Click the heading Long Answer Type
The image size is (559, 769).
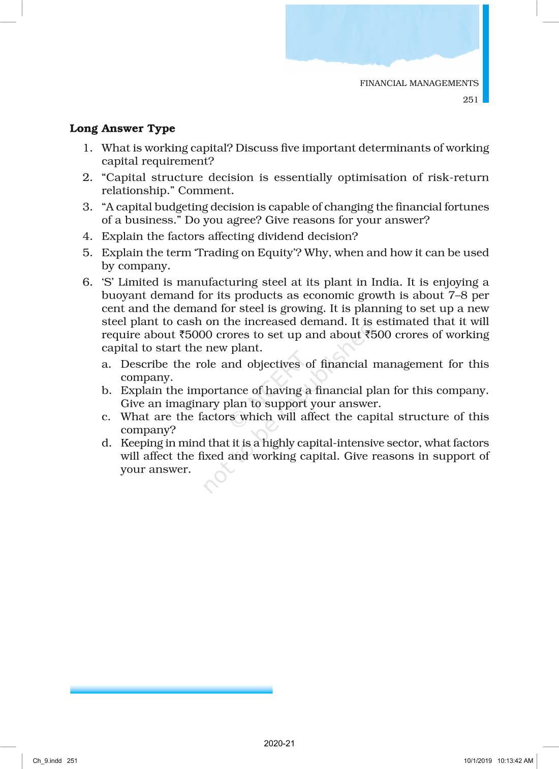122,129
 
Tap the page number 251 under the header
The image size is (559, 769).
470,100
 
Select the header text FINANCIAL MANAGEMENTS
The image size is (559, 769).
419,83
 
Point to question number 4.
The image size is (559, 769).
87,236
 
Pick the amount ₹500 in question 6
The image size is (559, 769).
378,335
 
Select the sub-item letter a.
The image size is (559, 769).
106,365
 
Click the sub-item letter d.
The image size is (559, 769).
106,443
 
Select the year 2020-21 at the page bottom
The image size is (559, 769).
279,744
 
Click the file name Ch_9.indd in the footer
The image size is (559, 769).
47,761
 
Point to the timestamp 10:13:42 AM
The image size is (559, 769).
515,761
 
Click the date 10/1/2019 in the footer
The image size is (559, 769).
478,761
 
